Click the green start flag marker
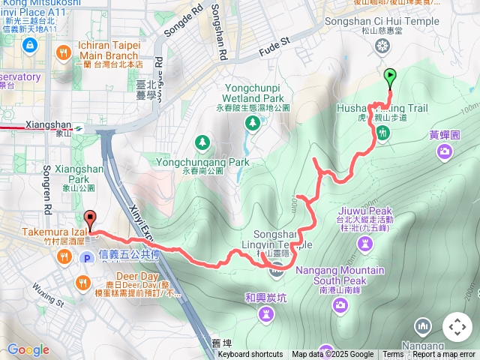point(390,76)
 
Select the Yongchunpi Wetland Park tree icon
point(253,121)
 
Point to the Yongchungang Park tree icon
point(202,142)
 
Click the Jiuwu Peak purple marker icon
point(365,244)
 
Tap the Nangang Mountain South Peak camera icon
point(340,304)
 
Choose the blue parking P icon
point(86,257)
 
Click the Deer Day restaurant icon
point(82,283)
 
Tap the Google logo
point(28,350)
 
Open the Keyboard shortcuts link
point(250,355)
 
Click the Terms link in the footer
point(393,355)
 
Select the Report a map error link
point(445,355)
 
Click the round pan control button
point(457,327)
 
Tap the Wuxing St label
point(51,293)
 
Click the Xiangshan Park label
point(68,175)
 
